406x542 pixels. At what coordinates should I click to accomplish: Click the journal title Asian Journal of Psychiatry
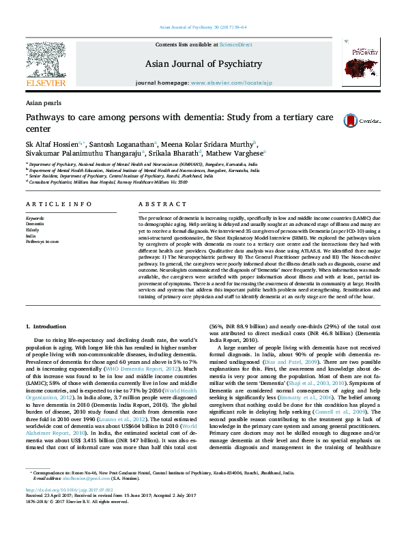pyautogui.click(x=203, y=64)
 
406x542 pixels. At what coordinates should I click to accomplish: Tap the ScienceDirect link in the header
pyautogui.click(x=235, y=44)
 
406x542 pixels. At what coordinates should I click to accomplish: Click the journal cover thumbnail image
pyautogui.click(x=361, y=65)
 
